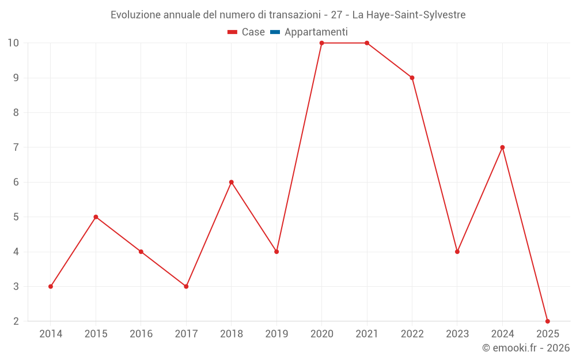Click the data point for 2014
click(x=51, y=286)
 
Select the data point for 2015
click(x=96, y=217)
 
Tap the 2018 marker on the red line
click(x=232, y=182)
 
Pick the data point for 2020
click(x=321, y=43)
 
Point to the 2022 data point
click(x=412, y=78)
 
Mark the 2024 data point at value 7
click(x=502, y=147)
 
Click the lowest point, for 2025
click(x=547, y=321)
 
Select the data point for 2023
click(x=457, y=252)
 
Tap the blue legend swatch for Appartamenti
click(x=275, y=32)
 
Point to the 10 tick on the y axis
click(x=13, y=43)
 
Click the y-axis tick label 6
click(x=16, y=182)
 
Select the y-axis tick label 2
click(x=16, y=321)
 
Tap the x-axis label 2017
click(x=186, y=334)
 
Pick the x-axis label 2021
click(x=367, y=334)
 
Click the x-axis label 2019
click(x=276, y=334)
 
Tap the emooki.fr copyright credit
click(x=526, y=348)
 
